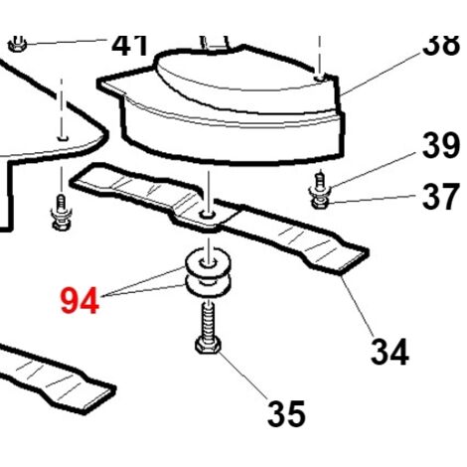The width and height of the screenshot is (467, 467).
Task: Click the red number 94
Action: click(x=79, y=301)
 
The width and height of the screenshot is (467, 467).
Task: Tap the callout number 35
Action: click(x=286, y=413)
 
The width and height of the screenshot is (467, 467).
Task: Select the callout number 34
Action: click(x=389, y=352)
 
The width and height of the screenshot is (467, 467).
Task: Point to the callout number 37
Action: click(x=441, y=197)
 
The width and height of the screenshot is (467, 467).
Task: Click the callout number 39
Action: click(x=441, y=145)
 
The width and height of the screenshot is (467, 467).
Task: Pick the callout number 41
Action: click(x=130, y=45)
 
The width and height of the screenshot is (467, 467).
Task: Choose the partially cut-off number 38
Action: click(x=441, y=45)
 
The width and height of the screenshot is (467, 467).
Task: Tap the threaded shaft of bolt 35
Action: click(x=208, y=322)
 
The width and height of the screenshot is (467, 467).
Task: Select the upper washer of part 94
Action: click(x=208, y=265)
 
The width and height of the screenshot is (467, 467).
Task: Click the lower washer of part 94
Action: click(x=208, y=287)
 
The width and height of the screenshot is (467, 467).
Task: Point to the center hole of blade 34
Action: click(x=207, y=216)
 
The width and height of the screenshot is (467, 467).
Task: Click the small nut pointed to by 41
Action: click(x=17, y=44)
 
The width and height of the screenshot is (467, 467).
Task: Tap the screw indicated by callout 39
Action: click(x=319, y=183)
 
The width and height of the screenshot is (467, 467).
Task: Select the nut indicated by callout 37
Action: click(x=320, y=202)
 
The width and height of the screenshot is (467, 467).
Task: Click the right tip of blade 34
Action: click(x=367, y=252)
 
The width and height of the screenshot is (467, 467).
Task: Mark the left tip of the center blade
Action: click(x=72, y=182)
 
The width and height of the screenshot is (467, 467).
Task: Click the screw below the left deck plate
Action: click(x=61, y=213)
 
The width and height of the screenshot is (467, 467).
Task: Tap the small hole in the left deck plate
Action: click(x=63, y=137)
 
